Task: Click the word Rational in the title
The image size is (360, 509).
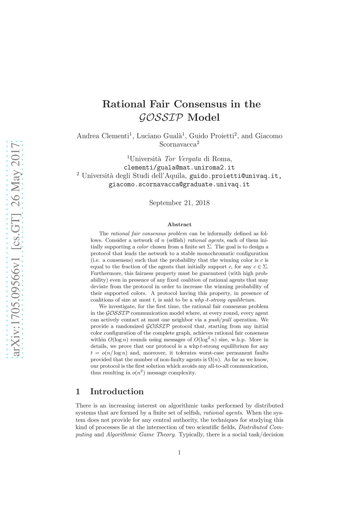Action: (123, 104)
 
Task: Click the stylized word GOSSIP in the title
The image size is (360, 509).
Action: (161, 118)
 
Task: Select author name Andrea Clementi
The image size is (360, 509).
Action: (103, 136)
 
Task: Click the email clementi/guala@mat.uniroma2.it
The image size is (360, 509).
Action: (179, 167)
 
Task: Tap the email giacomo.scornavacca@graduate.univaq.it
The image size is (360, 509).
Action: (179, 184)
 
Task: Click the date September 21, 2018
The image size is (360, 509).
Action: (179, 203)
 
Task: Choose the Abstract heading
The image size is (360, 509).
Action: (179, 224)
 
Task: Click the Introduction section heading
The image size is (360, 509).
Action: (117, 392)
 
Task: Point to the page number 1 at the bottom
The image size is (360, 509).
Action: (179, 452)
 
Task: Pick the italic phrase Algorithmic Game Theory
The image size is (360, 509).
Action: (141, 435)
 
